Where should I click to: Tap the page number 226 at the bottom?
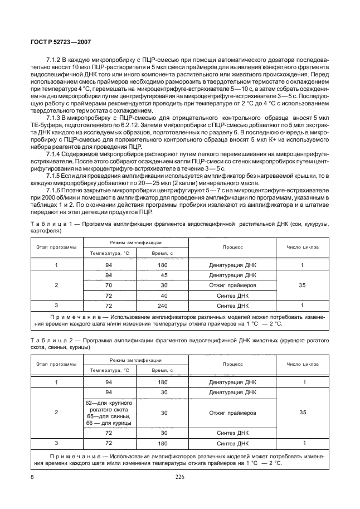[179, 477]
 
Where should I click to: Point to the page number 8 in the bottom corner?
[33, 477]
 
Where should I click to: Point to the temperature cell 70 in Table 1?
[109, 285]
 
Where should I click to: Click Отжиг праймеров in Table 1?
[232, 285]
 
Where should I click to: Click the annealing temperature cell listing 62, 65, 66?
[109, 413]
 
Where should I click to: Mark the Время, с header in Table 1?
[163, 253]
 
